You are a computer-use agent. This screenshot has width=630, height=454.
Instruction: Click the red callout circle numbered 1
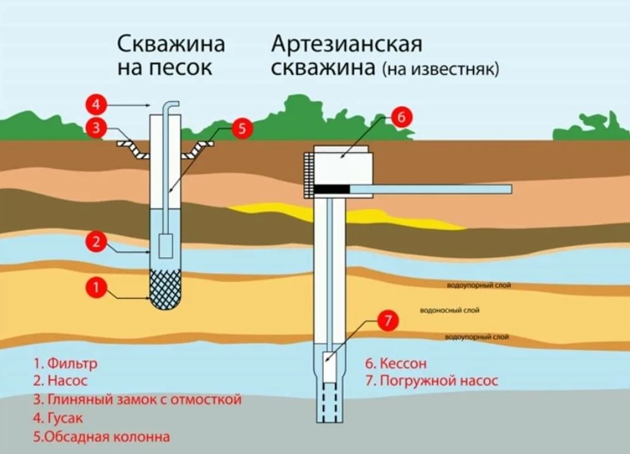point(96,288)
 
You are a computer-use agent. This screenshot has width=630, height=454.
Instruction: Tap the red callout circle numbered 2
point(96,242)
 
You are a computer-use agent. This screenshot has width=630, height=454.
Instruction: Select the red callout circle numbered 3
point(96,127)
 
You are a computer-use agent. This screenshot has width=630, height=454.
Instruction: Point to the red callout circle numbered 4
point(96,103)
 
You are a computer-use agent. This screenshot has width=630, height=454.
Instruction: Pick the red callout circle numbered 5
point(242,128)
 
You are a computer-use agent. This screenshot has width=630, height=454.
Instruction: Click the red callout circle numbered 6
point(400,117)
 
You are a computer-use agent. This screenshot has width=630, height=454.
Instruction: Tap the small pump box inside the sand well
point(166,246)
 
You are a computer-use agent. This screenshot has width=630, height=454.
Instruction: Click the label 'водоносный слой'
point(450,310)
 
